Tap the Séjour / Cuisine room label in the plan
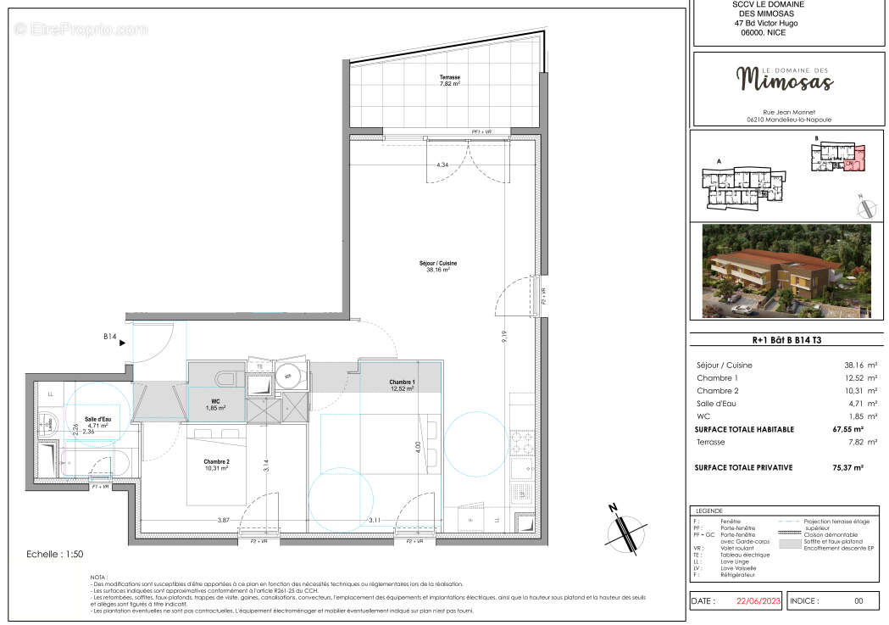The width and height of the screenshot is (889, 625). tap(438, 265)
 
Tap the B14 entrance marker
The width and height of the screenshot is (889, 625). tap(109, 337)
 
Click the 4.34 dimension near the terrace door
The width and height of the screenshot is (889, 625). tap(442, 165)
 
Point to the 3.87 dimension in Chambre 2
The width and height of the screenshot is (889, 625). tap(223, 519)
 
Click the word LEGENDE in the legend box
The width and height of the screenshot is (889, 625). tap(710, 511)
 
